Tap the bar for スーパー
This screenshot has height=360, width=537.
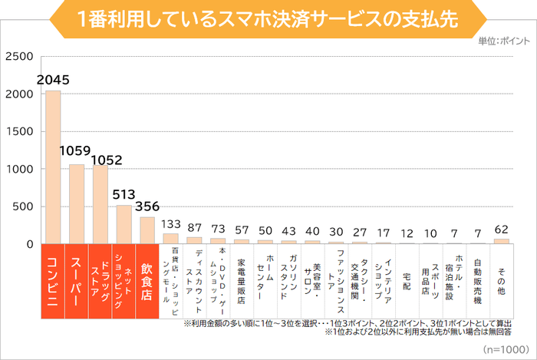[77, 204]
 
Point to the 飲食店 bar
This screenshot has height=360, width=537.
[147, 230]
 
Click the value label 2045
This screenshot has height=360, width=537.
[53, 79]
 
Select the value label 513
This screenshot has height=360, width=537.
[124, 194]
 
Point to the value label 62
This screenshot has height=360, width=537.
[501, 228]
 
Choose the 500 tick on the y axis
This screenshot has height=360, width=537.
[22, 207]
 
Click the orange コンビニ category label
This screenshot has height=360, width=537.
[53, 280]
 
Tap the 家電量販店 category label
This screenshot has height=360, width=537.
[242, 272]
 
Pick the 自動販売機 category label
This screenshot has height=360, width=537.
[477, 272]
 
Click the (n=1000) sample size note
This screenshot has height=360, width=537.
[504, 348]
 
